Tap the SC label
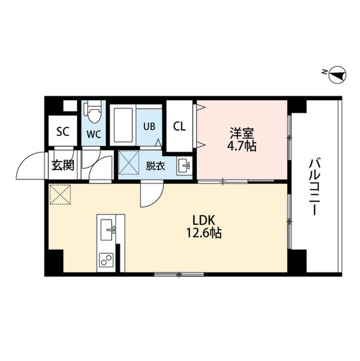coord(62,132)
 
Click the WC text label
coord(94,135)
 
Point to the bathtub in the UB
coord(123,125)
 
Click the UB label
coord(150,126)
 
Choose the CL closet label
coord(180,126)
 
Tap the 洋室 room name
coord(242,134)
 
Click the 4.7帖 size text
coord(242,147)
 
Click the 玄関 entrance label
coord(62,165)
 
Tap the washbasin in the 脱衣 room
coord(183,166)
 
